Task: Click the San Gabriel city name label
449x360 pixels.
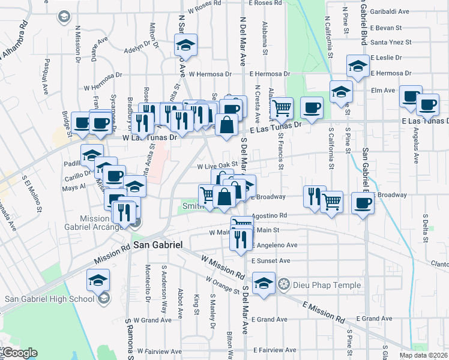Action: [x=157, y=245]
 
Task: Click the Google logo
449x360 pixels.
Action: [x=19, y=353]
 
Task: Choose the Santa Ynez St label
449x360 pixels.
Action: [x=391, y=42]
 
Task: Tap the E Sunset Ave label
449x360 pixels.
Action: [x=270, y=261]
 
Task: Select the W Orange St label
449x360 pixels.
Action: [x=222, y=284]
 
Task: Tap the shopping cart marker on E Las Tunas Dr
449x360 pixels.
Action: [x=281, y=107]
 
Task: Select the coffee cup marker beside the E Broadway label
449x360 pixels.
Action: [x=362, y=202]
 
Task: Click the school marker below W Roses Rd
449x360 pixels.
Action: [x=186, y=45]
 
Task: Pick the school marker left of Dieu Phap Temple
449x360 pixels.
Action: [x=264, y=283]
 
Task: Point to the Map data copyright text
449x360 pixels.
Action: [x=425, y=355]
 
